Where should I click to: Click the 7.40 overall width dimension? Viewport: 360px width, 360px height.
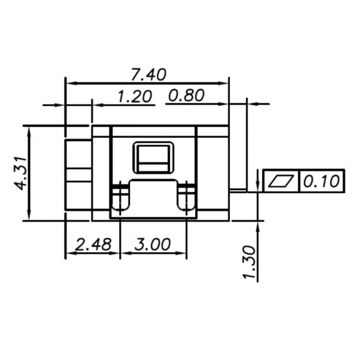149,74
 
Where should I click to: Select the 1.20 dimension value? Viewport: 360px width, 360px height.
135,96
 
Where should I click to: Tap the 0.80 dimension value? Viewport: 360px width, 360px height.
187,96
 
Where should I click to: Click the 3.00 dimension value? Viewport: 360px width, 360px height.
152,244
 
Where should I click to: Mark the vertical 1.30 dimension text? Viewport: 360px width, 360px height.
250,262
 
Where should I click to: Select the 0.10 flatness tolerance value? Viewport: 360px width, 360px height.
321,181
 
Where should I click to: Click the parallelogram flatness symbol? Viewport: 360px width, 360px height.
282,181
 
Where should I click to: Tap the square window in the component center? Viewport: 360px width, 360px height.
153,158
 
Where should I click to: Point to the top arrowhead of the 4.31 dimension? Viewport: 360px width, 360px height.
29,129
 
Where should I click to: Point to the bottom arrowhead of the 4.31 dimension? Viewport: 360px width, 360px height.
29,217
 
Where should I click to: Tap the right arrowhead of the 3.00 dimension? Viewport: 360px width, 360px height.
183,254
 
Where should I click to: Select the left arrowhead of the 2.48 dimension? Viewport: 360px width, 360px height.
69,254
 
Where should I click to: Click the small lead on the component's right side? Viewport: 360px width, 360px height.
236,189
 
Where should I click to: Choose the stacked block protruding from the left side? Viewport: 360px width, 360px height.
78,174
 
